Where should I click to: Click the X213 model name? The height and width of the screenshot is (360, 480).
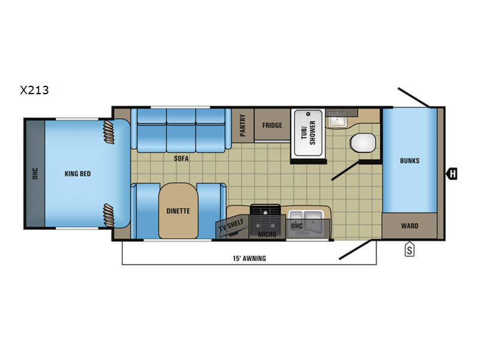tap(34, 91)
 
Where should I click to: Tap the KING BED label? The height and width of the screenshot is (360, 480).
tap(78, 174)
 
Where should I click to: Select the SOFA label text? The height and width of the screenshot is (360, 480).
tap(181, 158)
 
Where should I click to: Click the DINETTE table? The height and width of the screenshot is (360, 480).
tap(178, 211)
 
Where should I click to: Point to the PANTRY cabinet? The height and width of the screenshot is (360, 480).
tap(243, 125)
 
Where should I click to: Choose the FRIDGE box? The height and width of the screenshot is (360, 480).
tap(272, 125)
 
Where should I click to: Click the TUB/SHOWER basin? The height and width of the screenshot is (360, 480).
tap(308, 133)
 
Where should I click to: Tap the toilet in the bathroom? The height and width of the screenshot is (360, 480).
tap(363, 143)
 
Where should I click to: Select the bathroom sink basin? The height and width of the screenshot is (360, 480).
tap(337, 119)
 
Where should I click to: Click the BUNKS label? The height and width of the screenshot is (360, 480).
tap(410, 161)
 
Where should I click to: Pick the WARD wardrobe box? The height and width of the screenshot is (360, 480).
tap(410, 226)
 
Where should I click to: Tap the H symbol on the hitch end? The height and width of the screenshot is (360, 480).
tap(452, 174)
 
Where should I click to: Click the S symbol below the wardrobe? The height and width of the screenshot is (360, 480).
tap(410, 250)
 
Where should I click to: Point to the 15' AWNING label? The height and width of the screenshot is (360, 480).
tap(249, 259)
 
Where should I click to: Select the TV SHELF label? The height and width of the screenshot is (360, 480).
tap(232, 226)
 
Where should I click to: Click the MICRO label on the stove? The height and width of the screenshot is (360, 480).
tap(267, 235)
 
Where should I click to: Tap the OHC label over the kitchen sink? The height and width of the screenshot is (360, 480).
tap(296, 226)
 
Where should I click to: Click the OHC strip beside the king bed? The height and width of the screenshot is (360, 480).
tap(35, 173)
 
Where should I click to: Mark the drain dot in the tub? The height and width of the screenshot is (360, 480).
tap(308, 114)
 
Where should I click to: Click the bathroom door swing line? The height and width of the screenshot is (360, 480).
tap(345, 171)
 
